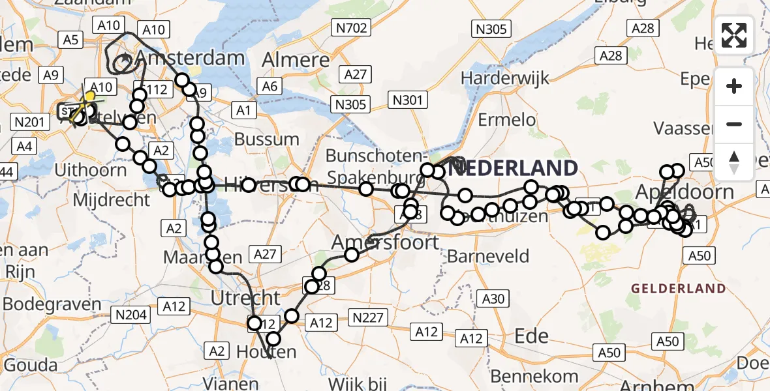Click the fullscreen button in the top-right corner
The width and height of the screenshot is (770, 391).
pyautogui.click(x=734, y=35)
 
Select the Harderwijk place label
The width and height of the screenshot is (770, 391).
pyautogui.click(x=502, y=78)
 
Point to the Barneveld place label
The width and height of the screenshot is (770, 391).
pyautogui.click(x=487, y=256)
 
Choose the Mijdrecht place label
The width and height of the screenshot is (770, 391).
pyautogui.click(x=112, y=199)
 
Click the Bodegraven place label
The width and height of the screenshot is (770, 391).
pyautogui.click(x=52, y=304)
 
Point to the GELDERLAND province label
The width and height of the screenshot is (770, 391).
pyautogui.click(x=678, y=288)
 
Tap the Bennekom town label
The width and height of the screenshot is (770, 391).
pyautogui.click(x=534, y=376)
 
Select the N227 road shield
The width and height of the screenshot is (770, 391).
pyautogui.click(x=369, y=317)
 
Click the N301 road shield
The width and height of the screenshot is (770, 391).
pyautogui.click(x=408, y=100)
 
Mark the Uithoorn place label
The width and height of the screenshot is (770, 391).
pyautogui.click(x=91, y=170)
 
